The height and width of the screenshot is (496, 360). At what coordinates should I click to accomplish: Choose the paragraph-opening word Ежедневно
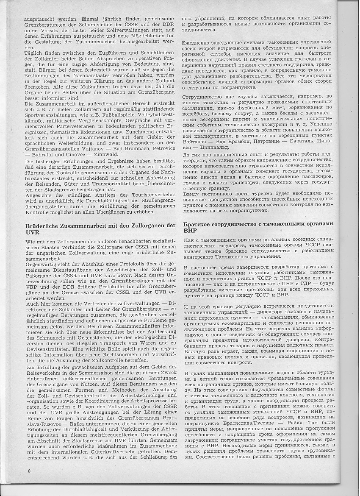point(198,42)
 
